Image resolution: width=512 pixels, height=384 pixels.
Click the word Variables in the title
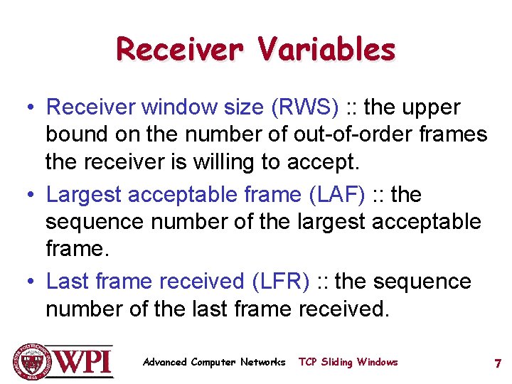pos(326,49)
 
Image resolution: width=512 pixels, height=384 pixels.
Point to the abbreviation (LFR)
pos(281,281)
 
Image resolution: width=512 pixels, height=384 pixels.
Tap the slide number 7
pos(498,363)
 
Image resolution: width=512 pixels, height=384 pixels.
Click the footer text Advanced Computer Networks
pos(213,362)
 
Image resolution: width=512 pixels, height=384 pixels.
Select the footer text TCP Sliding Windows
pos(348,362)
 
